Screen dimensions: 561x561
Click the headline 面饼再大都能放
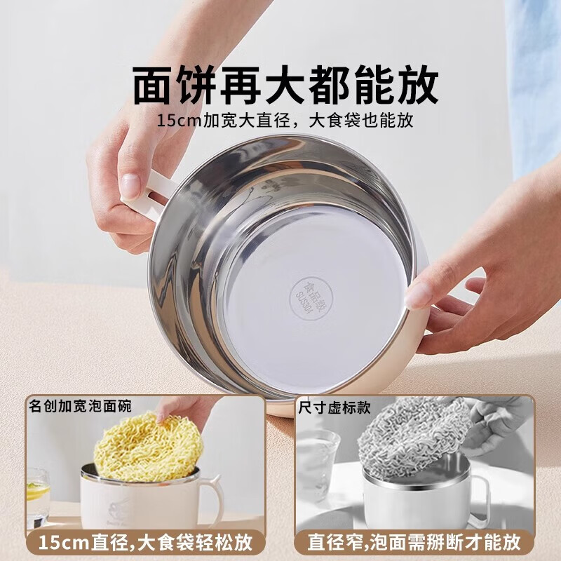(285, 86)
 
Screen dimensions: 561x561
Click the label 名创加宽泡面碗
(80, 406)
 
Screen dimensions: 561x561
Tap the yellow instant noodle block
(149, 446)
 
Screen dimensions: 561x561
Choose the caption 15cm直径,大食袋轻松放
(145, 541)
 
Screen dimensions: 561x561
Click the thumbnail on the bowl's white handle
(131, 185)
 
